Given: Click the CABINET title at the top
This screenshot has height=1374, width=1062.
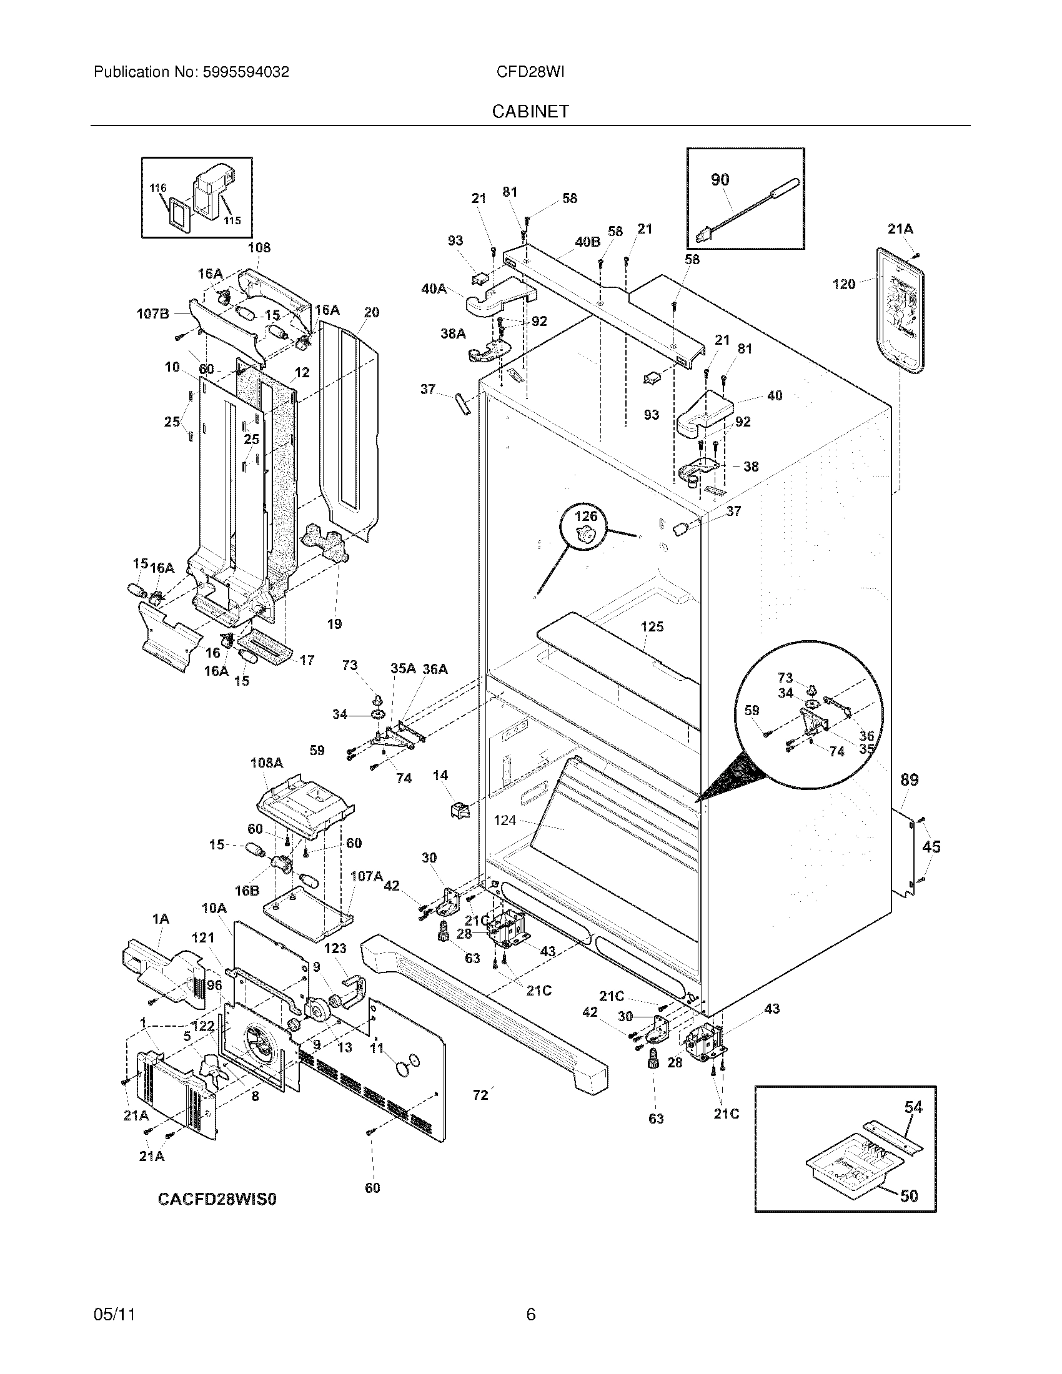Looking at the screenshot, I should [530, 111].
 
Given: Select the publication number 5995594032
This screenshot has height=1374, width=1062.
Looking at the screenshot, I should [246, 72].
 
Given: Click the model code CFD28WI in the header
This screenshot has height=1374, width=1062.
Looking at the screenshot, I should [530, 72].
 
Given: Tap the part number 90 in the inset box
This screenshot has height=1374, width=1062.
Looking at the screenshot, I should [720, 180].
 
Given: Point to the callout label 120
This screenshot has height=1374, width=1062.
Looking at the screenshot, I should [844, 284].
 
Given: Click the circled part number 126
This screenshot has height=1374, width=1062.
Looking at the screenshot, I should [586, 516].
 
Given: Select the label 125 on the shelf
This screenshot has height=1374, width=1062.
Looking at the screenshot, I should [652, 626].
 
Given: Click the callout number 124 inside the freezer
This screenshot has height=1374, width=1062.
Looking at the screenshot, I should [505, 821].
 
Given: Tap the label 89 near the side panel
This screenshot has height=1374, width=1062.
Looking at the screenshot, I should [909, 780].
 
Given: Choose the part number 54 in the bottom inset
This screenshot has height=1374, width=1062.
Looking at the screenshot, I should [913, 1107].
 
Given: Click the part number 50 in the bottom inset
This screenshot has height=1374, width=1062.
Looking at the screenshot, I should [908, 1196].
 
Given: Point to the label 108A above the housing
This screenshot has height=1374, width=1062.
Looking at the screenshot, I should [266, 763].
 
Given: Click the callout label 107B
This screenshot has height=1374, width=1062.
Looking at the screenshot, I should [153, 314].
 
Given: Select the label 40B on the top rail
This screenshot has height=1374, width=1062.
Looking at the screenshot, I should [587, 242].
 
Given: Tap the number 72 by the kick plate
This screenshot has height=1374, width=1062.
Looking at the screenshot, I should [480, 1095].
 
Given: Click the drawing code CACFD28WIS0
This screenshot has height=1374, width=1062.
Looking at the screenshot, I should [216, 1199].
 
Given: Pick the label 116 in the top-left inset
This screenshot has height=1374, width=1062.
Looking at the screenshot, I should [157, 187].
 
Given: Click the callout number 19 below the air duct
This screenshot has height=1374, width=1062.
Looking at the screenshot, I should [334, 623].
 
